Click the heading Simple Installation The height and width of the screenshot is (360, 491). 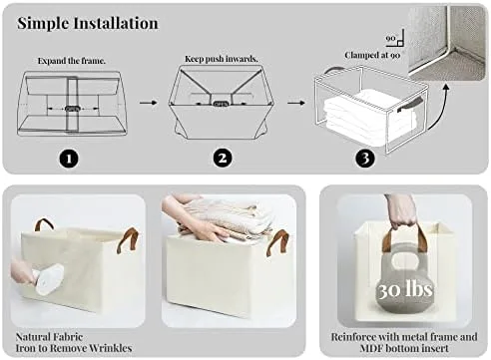[x=88, y=23]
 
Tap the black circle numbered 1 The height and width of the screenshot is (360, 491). [x=69, y=159]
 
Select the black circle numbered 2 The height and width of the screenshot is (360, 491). [x=223, y=158]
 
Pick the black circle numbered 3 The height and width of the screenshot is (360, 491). [x=365, y=159]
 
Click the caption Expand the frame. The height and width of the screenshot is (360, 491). [x=72, y=61]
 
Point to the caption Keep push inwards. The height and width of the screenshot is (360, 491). [x=222, y=59]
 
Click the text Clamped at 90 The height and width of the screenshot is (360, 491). [x=372, y=55]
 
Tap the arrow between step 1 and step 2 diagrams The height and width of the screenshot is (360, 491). [x=148, y=103]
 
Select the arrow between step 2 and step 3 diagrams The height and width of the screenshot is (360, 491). [x=296, y=103]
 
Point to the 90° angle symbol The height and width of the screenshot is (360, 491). [x=395, y=38]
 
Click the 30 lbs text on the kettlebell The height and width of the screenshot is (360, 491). [x=405, y=289]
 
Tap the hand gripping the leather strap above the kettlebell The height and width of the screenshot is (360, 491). [x=402, y=211]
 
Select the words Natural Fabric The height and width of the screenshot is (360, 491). [x=49, y=337]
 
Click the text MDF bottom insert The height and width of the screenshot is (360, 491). [x=404, y=348]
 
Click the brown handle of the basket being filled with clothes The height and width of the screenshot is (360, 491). [x=277, y=242]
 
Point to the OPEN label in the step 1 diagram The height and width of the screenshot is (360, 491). [x=72, y=109]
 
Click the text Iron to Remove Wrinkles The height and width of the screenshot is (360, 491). [x=74, y=348]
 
